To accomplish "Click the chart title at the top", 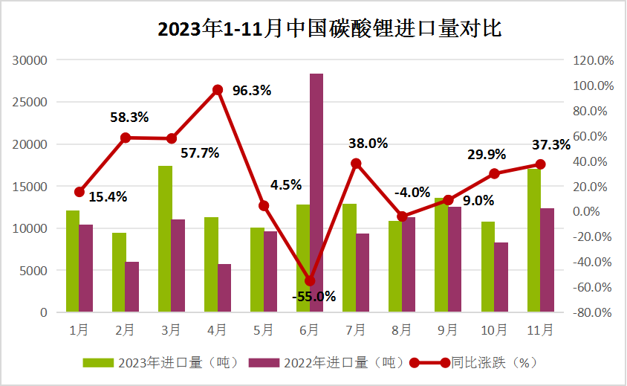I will (x=330, y=29).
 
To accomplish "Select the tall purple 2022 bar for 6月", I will (x=316, y=193).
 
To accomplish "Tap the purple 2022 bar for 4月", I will (x=224, y=288).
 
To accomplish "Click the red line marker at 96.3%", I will (x=218, y=90).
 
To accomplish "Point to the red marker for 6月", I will (x=310, y=281).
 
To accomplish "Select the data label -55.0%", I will (x=313, y=296).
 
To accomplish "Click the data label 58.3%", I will (x=129, y=117).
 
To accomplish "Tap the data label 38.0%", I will (x=369, y=144).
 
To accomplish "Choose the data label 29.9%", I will (x=487, y=154).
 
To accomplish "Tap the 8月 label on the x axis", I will (x=401, y=329).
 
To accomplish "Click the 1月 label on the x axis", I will (x=79, y=329).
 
